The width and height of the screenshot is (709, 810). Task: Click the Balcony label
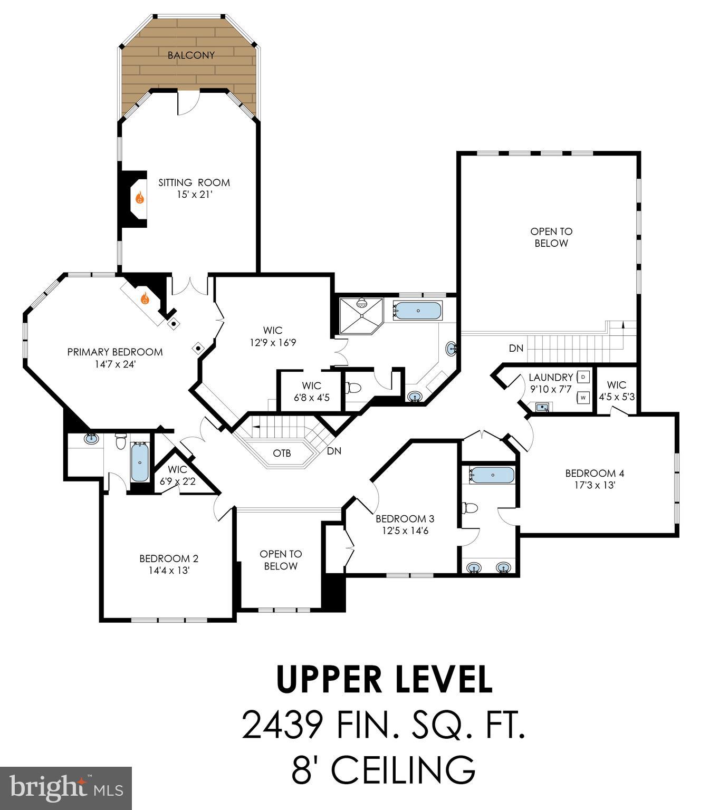click(x=191, y=55)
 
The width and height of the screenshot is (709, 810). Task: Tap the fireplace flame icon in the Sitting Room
click(x=140, y=198)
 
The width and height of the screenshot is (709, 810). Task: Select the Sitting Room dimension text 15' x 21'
click(x=194, y=195)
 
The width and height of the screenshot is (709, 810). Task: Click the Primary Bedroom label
click(x=114, y=352)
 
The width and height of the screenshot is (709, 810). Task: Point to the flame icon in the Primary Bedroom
click(x=145, y=298)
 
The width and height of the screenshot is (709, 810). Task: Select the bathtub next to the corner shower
click(x=418, y=311)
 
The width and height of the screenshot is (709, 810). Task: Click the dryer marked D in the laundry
click(x=584, y=377)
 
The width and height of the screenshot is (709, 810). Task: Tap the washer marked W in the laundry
click(x=583, y=398)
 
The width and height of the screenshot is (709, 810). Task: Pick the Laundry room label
click(x=551, y=377)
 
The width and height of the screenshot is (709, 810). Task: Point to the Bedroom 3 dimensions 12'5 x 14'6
click(x=405, y=531)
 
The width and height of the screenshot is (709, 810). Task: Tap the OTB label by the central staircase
click(x=282, y=453)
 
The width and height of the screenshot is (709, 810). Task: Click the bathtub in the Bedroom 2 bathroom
click(x=140, y=462)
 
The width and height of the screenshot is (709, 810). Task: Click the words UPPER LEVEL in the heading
click(x=385, y=680)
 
